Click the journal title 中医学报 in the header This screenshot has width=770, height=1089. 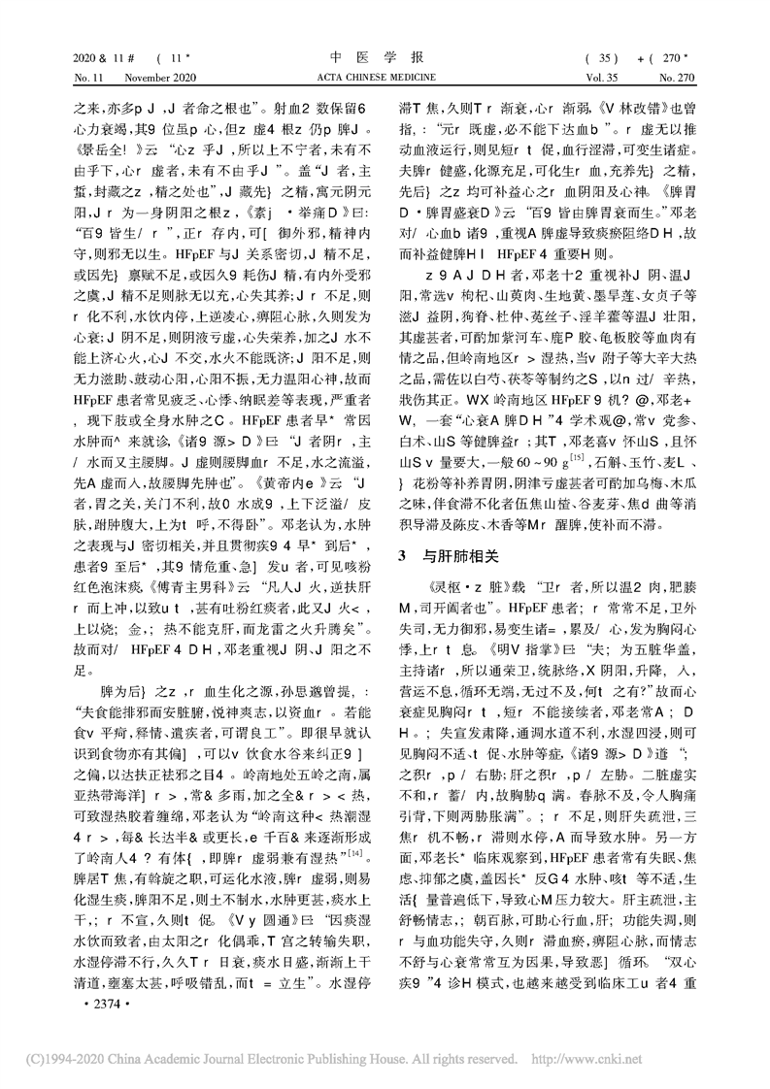[x=385, y=56]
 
